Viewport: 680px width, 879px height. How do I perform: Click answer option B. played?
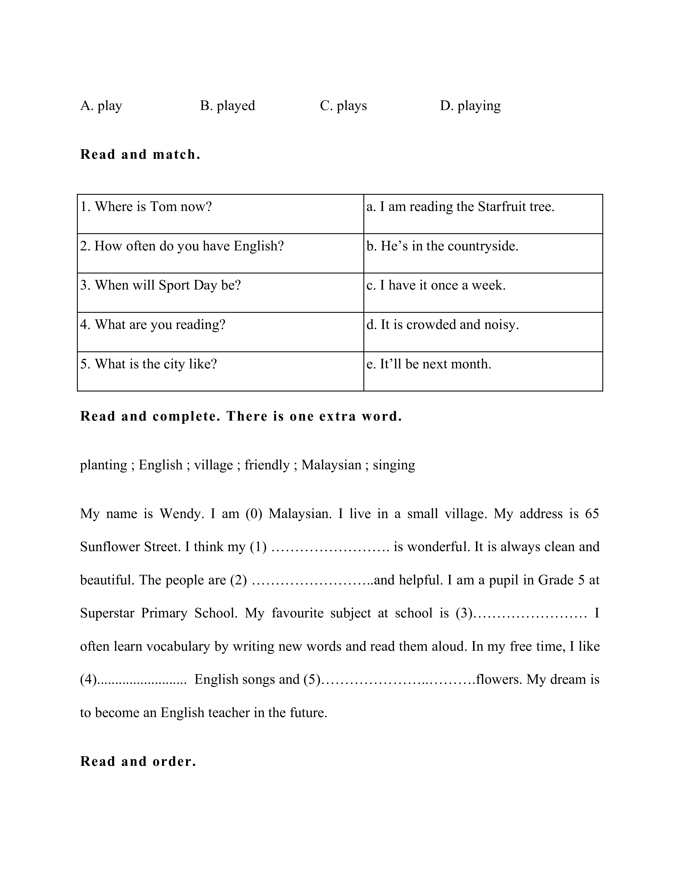click(228, 105)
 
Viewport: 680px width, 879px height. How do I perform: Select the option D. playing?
click(470, 105)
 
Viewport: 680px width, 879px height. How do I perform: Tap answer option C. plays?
click(343, 105)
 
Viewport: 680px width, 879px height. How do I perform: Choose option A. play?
click(101, 105)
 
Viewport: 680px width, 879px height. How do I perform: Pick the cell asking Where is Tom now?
click(146, 207)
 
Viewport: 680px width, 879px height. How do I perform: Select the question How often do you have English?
click(182, 246)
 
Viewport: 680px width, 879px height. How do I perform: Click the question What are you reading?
click(153, 325)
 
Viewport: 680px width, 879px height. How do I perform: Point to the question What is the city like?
click(149, 364)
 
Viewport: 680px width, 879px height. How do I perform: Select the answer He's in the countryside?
click(442, 246)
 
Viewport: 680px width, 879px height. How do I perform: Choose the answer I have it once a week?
click(436, 285)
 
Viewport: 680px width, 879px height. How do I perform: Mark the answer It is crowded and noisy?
click(443, 325)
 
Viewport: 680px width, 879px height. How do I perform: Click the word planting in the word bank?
click(103, 465)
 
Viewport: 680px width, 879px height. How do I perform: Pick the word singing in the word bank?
click(394, 465)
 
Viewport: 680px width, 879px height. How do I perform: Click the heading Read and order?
click(138, 762)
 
